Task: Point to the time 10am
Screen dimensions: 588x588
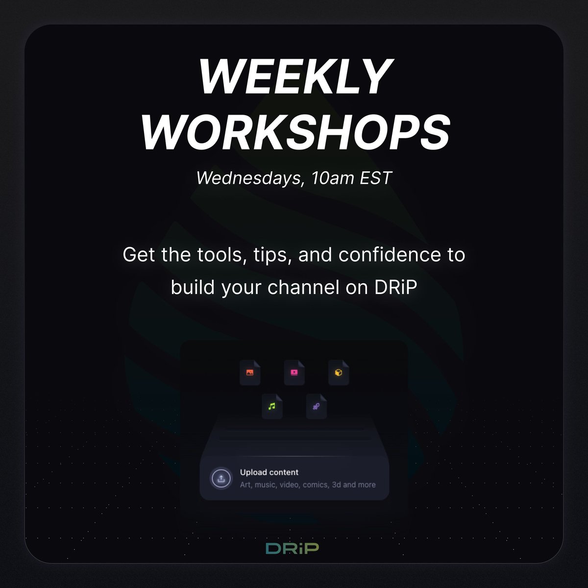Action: point(332,178)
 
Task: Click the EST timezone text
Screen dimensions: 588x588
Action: point(376,178)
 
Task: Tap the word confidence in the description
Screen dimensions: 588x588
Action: point(390,254)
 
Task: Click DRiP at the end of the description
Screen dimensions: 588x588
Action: point(395,287)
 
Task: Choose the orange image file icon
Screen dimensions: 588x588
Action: point(250,372)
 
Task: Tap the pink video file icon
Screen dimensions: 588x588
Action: point(294,372)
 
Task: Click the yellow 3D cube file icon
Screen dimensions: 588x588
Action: point(339,372)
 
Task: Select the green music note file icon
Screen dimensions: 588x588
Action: point(272,406)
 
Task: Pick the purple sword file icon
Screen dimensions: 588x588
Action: point(317,406)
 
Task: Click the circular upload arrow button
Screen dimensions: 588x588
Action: point(221,478)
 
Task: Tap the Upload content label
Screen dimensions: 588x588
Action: point(269,472)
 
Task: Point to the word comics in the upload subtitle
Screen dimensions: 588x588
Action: point(316,485)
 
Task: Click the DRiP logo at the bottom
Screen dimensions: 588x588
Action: point(293,548)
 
